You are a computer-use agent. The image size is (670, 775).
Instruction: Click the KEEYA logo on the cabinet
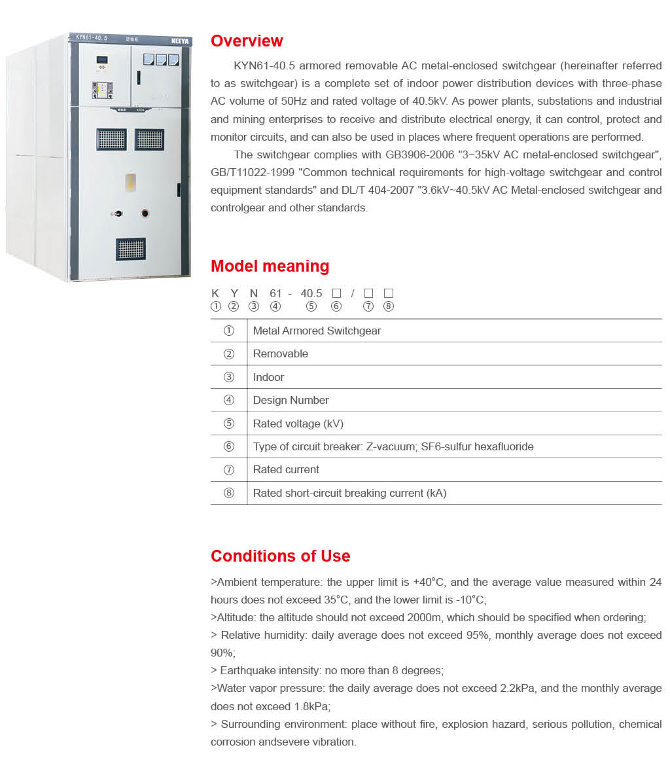pos(179,41)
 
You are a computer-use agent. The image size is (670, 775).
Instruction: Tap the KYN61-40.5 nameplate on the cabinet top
pos(91,37)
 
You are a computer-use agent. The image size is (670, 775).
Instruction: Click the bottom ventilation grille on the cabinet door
pos(131,249)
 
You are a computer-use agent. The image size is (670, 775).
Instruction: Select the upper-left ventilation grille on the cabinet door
pos(111,139)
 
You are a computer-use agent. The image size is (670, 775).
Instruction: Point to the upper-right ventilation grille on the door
pos(150,139)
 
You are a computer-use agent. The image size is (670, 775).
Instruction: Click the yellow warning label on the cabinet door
pos(131,182)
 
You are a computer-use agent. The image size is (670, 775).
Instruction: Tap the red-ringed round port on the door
pos(145,213)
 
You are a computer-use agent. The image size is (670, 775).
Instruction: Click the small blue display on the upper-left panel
pos(102,60)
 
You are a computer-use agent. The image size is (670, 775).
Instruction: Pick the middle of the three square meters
pos(161,60)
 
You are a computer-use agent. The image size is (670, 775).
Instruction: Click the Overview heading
pos(247,41)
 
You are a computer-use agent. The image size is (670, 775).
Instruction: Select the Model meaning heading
pos(270,266)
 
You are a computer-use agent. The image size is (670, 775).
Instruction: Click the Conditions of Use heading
pos(280,556)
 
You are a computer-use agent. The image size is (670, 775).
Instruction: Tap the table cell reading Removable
pos(280,353)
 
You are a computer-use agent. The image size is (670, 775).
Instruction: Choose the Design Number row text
pos(291,400)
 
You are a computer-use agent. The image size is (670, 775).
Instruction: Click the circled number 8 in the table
pos(229,493)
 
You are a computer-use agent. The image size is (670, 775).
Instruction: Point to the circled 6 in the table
pos(229,446)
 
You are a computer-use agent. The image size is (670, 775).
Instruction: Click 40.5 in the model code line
pos(311,293)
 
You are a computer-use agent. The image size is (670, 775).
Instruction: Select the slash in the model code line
pos(352,293)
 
